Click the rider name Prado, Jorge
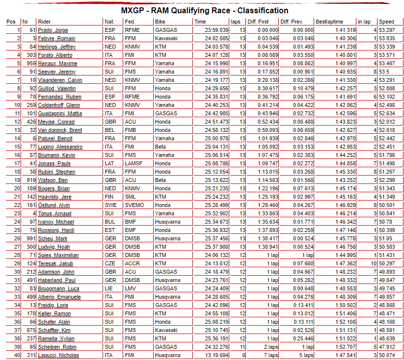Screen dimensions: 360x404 [x=53, y=30]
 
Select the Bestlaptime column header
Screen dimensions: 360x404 [x=329, y=22]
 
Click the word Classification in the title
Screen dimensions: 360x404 [x=263, y=10]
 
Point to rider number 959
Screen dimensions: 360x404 [x=30, y=63]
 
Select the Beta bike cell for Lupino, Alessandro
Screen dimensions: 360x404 [x=161, y=147]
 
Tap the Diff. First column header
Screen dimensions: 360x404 [x=257, y=22]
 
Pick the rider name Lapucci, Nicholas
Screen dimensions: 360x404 [x=58, y=355]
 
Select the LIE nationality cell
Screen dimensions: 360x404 [x=108, y=288]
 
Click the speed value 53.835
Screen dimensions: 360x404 [x=387, y=38]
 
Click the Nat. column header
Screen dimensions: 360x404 [x=109, y=22]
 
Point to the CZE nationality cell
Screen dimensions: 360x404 [x=109, y=263]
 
